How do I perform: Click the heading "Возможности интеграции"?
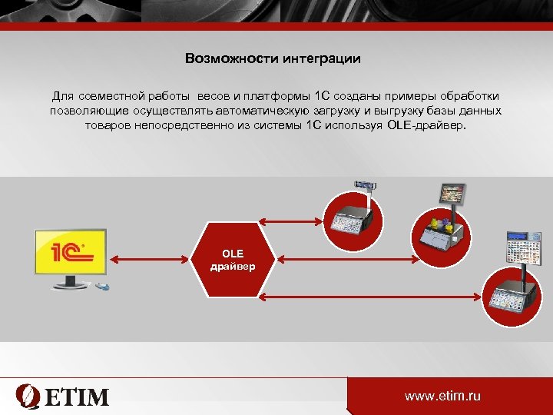coord(273,58)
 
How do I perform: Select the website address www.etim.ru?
coord(442,396)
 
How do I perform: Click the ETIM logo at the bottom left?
coord(63,396)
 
